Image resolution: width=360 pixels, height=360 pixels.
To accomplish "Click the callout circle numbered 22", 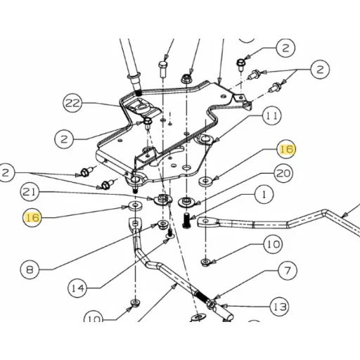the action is click(72, 103).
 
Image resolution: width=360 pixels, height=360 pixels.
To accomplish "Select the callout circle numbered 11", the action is click(272, 115).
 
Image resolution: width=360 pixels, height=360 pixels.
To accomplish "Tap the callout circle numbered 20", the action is click(283, 174).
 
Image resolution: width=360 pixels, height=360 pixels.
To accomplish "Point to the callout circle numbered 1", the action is click(264, 195).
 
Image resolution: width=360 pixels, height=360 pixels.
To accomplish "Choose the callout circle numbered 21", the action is click(30, 192).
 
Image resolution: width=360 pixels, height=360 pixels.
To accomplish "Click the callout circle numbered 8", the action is click(30, 270).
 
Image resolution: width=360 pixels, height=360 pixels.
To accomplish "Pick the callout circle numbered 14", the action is click(77, 288).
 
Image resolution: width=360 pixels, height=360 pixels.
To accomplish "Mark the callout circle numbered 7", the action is click(288, 270).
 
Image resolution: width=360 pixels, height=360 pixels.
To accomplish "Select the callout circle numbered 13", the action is click(280, 307).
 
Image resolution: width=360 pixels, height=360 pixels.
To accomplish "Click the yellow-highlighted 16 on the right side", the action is click(287, 149).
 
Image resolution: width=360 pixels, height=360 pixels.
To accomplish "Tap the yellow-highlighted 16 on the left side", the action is click(32, 217).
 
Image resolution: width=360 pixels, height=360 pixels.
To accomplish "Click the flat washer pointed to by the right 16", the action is click(205, 181).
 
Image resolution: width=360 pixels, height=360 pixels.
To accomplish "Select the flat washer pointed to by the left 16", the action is click(136, 206).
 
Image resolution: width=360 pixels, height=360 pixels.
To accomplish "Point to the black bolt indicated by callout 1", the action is click(186, 220).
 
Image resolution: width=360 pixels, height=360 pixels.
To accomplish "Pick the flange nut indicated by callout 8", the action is click(163, 225).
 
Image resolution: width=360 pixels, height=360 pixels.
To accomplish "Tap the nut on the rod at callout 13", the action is click(212, 304).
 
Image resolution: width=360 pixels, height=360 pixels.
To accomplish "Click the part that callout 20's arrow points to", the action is click(186, 202).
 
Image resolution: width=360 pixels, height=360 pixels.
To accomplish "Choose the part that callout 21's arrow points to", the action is click(162, 200).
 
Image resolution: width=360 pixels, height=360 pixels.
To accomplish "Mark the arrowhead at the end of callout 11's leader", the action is click(215, 141).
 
